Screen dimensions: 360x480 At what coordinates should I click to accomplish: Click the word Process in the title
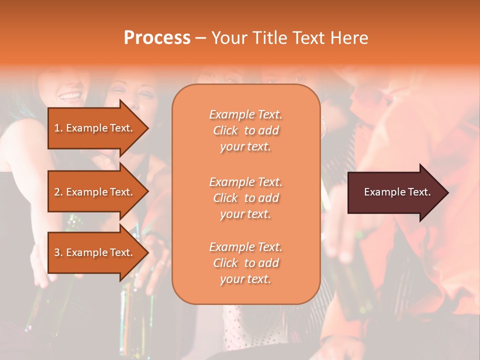coord(157,38)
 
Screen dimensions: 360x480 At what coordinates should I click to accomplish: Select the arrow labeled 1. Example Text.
coord(95,128)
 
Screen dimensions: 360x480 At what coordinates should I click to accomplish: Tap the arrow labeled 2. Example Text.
coord(95,192)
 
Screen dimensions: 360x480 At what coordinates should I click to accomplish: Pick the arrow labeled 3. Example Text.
coord(95,252)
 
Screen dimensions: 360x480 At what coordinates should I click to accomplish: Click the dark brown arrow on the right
coord(395,192)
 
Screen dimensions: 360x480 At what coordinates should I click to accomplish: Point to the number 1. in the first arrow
coord(58,128)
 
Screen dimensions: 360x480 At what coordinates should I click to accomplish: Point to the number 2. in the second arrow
coord(58,192)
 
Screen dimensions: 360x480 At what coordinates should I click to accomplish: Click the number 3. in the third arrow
coord(58,252)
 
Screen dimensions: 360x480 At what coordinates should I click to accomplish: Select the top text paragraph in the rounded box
coord(245,130)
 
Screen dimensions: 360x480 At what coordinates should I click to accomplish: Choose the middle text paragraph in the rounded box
coord(245,198)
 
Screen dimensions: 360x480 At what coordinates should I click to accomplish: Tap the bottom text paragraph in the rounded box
coord(245,263)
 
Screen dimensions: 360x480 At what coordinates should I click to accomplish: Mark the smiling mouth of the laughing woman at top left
coord(70,95)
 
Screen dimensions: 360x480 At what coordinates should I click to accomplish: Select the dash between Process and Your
coord(200,38)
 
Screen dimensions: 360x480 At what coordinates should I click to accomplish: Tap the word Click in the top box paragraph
coord(225,130)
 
